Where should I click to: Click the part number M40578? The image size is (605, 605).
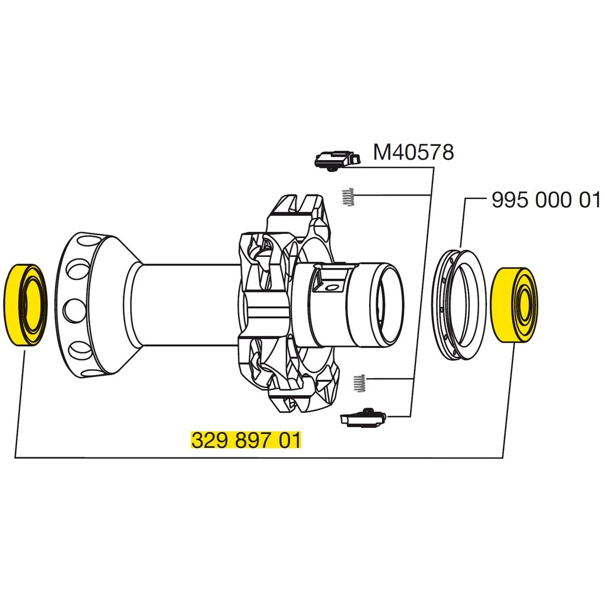point(413,152)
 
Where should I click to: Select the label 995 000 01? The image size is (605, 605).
point(545,200)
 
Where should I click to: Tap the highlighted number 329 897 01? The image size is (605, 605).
point(246,441)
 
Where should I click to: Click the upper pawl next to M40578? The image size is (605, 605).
point(336,158)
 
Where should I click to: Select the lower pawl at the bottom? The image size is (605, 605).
point(363,418)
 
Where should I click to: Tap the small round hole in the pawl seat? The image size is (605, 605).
point(331,288)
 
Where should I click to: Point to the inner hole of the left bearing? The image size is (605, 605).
point(34,305)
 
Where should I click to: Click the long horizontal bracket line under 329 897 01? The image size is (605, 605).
point(260,457)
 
